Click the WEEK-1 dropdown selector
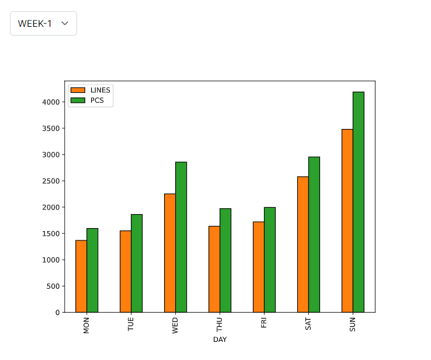click(43, 23)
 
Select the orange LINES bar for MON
click(81, 276)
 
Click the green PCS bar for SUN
click(359, 202)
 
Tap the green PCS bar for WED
click(181, 237)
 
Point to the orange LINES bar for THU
click(214, 269)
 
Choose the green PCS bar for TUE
click(137, 263)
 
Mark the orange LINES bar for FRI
click(259, 267)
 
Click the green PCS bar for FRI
click(270, 260)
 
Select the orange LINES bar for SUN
click(347, 221)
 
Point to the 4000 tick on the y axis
click(51, 102)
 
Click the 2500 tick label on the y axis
click(51, 181)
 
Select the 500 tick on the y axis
click(53, 286)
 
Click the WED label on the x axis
click(176, 326)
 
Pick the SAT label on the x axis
click(308, 325)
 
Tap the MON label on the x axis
click(87, 326)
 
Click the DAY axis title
click(220, 340)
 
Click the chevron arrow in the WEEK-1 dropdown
click(65, 23)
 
